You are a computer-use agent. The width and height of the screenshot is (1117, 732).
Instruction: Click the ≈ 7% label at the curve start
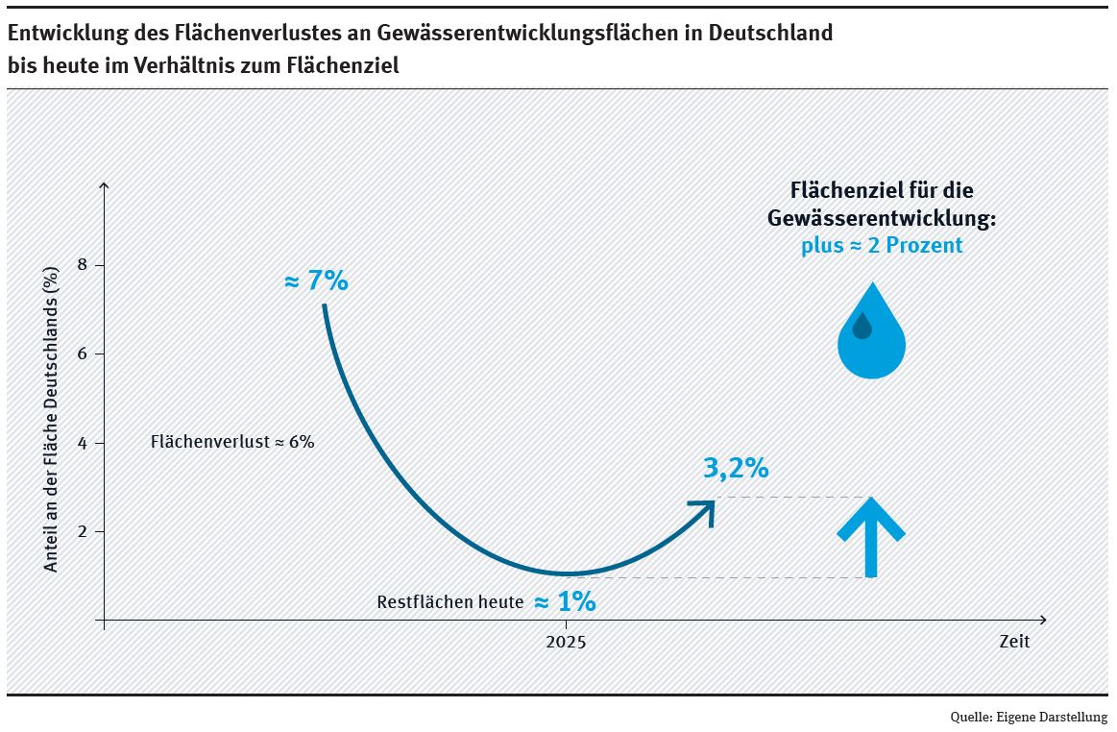(316, 282)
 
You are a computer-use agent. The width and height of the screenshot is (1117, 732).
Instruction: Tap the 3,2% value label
(736, 468)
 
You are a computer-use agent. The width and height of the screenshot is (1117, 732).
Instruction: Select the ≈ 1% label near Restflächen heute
(565, 602)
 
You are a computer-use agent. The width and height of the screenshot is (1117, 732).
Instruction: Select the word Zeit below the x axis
(1013, 642)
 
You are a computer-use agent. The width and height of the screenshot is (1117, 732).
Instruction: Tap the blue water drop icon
(871, 331)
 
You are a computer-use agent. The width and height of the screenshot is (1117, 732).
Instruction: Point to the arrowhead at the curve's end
(705, 509)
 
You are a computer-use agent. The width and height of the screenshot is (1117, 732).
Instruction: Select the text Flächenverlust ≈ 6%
(232, 443)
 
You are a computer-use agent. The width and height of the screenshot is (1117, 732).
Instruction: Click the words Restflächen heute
(450, 603)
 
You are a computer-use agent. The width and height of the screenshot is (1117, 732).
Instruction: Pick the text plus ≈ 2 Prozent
(882, 246)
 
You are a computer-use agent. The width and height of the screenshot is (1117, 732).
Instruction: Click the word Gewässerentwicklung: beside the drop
(882, 218)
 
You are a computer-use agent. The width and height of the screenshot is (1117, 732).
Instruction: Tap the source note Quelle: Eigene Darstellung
(1029, 717)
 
